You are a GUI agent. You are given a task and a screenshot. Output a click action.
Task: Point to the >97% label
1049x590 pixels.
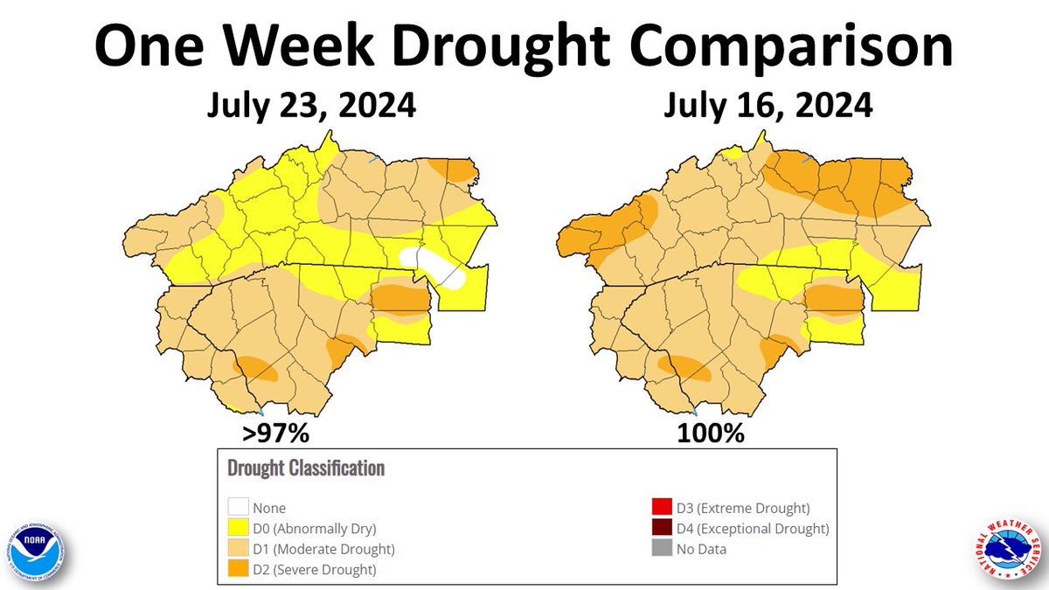pyautogui.click(x=277, y=433)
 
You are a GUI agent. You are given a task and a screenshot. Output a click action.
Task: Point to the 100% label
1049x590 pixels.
pyautogui.click(x=710, y=433)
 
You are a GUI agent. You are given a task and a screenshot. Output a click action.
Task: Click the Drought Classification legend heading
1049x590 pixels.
pyautogui.click(x=305, y=468)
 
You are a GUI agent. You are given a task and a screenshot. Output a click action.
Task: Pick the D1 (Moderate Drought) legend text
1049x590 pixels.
pyautogui.click(x=323, y=550)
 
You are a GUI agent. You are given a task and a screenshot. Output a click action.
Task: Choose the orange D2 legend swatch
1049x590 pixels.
pyautogui.click(x=237, y=570)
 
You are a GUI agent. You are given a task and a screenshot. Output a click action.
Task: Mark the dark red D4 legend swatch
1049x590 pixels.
pyautogui.click(x=661, y=529)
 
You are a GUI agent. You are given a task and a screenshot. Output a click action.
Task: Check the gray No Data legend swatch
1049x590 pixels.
pyautogui.click(x=661, y=550)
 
